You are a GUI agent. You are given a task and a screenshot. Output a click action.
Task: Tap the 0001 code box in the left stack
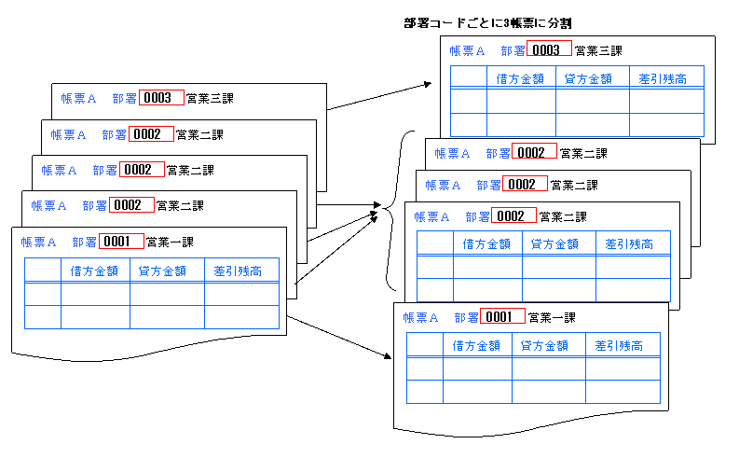click(121, 242)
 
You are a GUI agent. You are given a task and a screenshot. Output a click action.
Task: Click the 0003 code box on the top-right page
click(549, 50)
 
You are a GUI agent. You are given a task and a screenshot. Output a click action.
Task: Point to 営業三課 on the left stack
click(211, 98)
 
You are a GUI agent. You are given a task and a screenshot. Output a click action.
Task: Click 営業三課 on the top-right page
click(598, 50)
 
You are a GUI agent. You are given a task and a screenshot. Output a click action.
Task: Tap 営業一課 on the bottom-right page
click(551, 317)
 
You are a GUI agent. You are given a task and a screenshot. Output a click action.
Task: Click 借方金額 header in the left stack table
click(95, 271)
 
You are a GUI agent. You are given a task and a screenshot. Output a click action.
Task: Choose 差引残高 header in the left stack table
click(237, 271)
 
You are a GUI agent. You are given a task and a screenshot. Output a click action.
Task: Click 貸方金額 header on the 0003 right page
click(589, 77)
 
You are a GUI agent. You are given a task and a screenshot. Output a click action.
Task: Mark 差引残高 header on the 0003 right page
click(664, 77)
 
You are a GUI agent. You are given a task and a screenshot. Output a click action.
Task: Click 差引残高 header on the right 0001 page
click(620, 346)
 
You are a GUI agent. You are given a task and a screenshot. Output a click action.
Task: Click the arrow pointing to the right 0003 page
click(382, 97)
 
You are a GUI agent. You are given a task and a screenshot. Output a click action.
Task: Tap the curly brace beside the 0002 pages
click(391, 211)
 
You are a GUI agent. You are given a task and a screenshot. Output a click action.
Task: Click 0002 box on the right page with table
click(514, 216)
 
